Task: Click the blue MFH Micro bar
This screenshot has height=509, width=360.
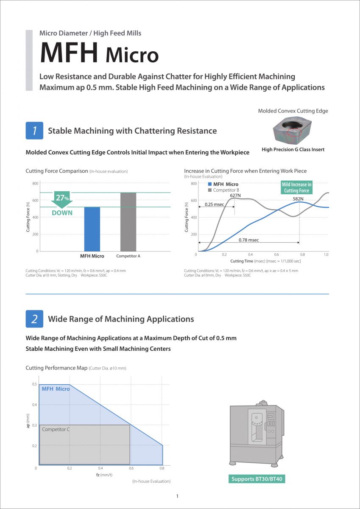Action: (x=92, y=229)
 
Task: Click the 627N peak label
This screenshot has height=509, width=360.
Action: (x=235, y=195)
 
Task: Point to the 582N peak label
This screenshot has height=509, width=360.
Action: (x=298, y=199)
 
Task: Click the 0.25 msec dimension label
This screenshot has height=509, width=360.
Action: (x=215, y=204)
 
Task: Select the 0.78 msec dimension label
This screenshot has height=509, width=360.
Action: (x=249, y=240)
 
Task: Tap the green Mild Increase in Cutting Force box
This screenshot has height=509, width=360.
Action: (x=297, y=187)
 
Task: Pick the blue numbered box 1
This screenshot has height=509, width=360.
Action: (x=34, y=131)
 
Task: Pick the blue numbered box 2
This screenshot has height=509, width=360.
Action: (x=34, y=319)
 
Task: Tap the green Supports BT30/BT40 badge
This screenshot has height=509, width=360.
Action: (x=256, y=479)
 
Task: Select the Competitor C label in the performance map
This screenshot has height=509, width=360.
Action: (x=56, y=429)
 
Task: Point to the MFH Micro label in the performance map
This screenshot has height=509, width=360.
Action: (x=56, y=389)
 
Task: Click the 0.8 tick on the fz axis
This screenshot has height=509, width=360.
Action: (x=162, y=468)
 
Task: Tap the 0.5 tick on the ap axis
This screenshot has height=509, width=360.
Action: (x=34, y=384)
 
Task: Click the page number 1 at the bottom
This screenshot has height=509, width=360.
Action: (x=177, y=496)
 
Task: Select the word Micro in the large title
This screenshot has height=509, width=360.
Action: (x=132, y=55)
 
